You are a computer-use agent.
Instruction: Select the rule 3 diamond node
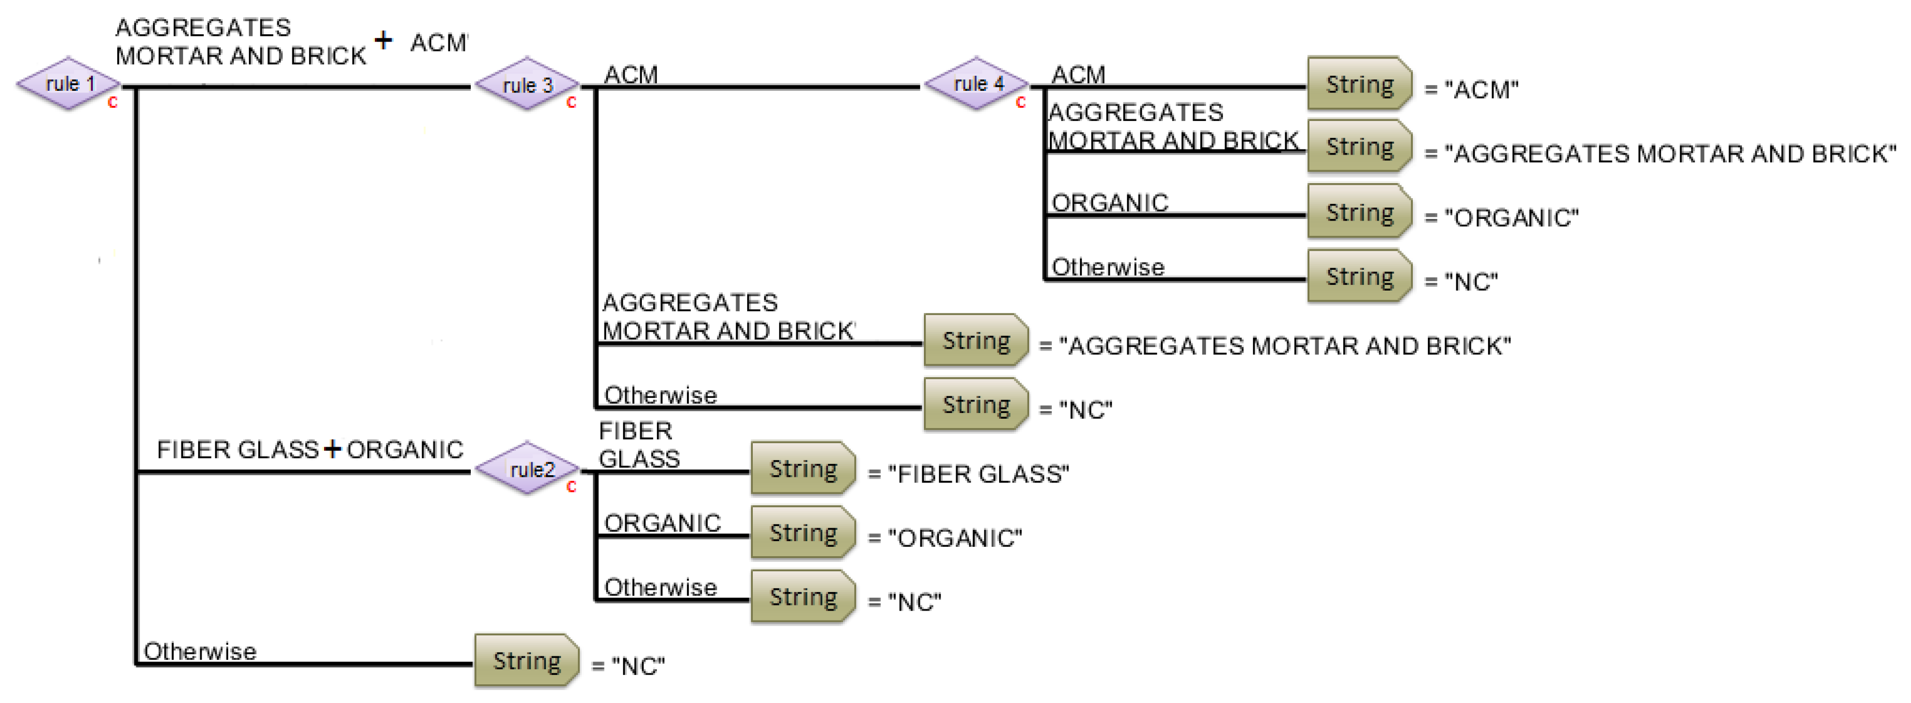(527, 85)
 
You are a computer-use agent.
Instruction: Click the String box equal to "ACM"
(1358, 84)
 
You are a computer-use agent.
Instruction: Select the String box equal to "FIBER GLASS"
(802, 468)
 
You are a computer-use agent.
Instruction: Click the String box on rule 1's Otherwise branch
(526, 660)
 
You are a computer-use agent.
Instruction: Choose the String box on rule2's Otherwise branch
(802, 597)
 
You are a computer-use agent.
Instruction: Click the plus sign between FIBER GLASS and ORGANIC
(332, 448)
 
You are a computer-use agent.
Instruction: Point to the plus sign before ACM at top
(383, 39)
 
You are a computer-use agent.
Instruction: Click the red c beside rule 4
(1021, 102)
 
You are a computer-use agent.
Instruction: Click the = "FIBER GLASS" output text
(968, 474)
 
